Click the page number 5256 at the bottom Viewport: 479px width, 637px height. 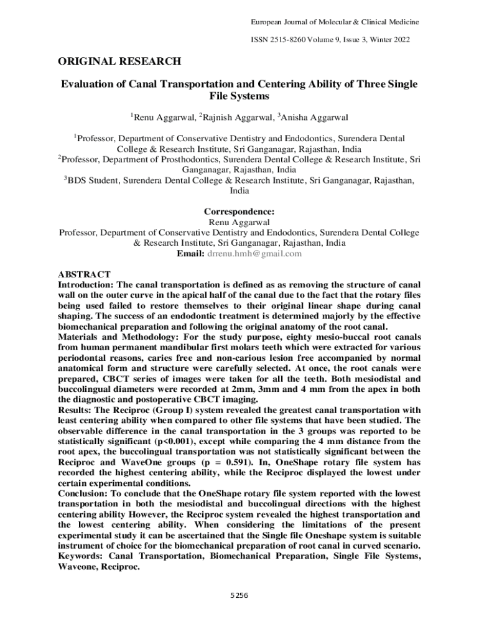pyautogui.click(x=239, y=595)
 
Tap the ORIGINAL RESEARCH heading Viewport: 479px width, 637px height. pyautogui.click(x=119, y=61)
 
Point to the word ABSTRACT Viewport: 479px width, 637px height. pyautogui.click(x=84, y=274)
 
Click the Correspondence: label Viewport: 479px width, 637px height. pyautogui.click(x=239, y=212)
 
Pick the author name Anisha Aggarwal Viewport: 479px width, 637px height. pyautogui.click(x=315, y=117)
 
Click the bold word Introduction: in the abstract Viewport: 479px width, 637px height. pyautogui.click(x=86, y=285)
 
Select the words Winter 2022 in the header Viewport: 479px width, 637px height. pyautogui.click(x=392, y=39)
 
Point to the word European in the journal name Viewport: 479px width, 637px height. pyautogui.click(x=266, y=22)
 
